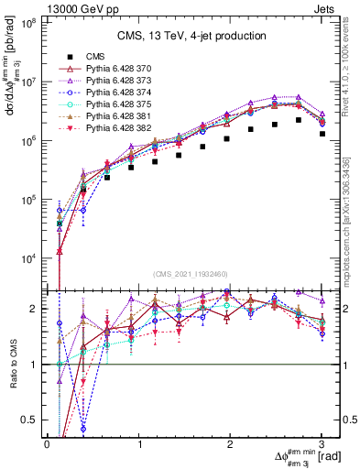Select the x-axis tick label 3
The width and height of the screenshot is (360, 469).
322,443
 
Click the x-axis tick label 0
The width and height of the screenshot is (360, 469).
48,443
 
